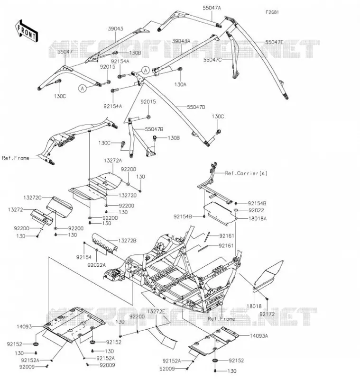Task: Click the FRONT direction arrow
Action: [x=27, y=31]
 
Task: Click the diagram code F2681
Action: [x=272, y=12]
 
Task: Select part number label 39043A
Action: [x=181, y=41]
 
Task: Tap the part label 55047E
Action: [x=274, y=42]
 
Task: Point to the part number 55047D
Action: [x=196, y=107]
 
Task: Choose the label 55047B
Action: [x=154, y=129]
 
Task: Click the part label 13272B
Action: [x=127, y=241]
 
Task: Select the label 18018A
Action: [x=258, y=219]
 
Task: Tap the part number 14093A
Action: [x=259, y=336]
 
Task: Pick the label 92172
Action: [x=267, y=314]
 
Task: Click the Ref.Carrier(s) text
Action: [x=246, y=173]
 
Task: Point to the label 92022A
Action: [x=97, y=265]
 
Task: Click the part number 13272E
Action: [x=156, y=312]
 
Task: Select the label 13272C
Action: [x=32, y=198]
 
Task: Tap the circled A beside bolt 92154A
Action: [x=146, y=70]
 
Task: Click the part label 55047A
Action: [x=212, y=8]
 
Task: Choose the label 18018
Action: [x=254, y=306]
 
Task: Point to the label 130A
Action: [x=180, y=84]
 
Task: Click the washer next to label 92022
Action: [x=236, y=210]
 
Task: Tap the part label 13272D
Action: [x=128, y=195]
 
